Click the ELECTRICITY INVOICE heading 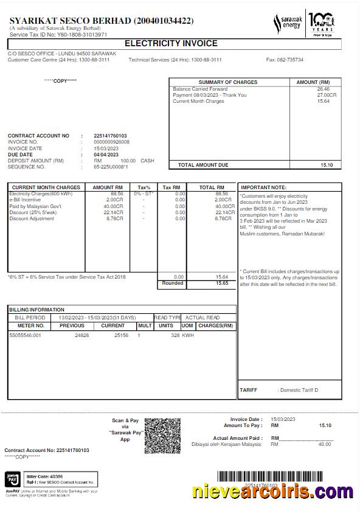click(x=171, y=43)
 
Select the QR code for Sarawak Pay click(x=163, y=436)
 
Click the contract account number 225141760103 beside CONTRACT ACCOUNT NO click(x=110, y=136)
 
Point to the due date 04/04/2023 click(x=106, y=155)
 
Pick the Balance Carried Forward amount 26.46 click(x=323, y=89)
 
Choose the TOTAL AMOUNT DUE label click(x=203, y=165)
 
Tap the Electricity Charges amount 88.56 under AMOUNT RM click(x=117, y=194)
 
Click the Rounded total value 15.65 click(x=221, y=283)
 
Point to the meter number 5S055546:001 click(x=26, y=335)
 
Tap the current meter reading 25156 click(x=121, y=335)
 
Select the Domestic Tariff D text click(x=299, y=390)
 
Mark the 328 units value click(x=175, y=335)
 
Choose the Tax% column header click(x=144, y=187)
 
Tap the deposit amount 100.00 click(x=128, y=161)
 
